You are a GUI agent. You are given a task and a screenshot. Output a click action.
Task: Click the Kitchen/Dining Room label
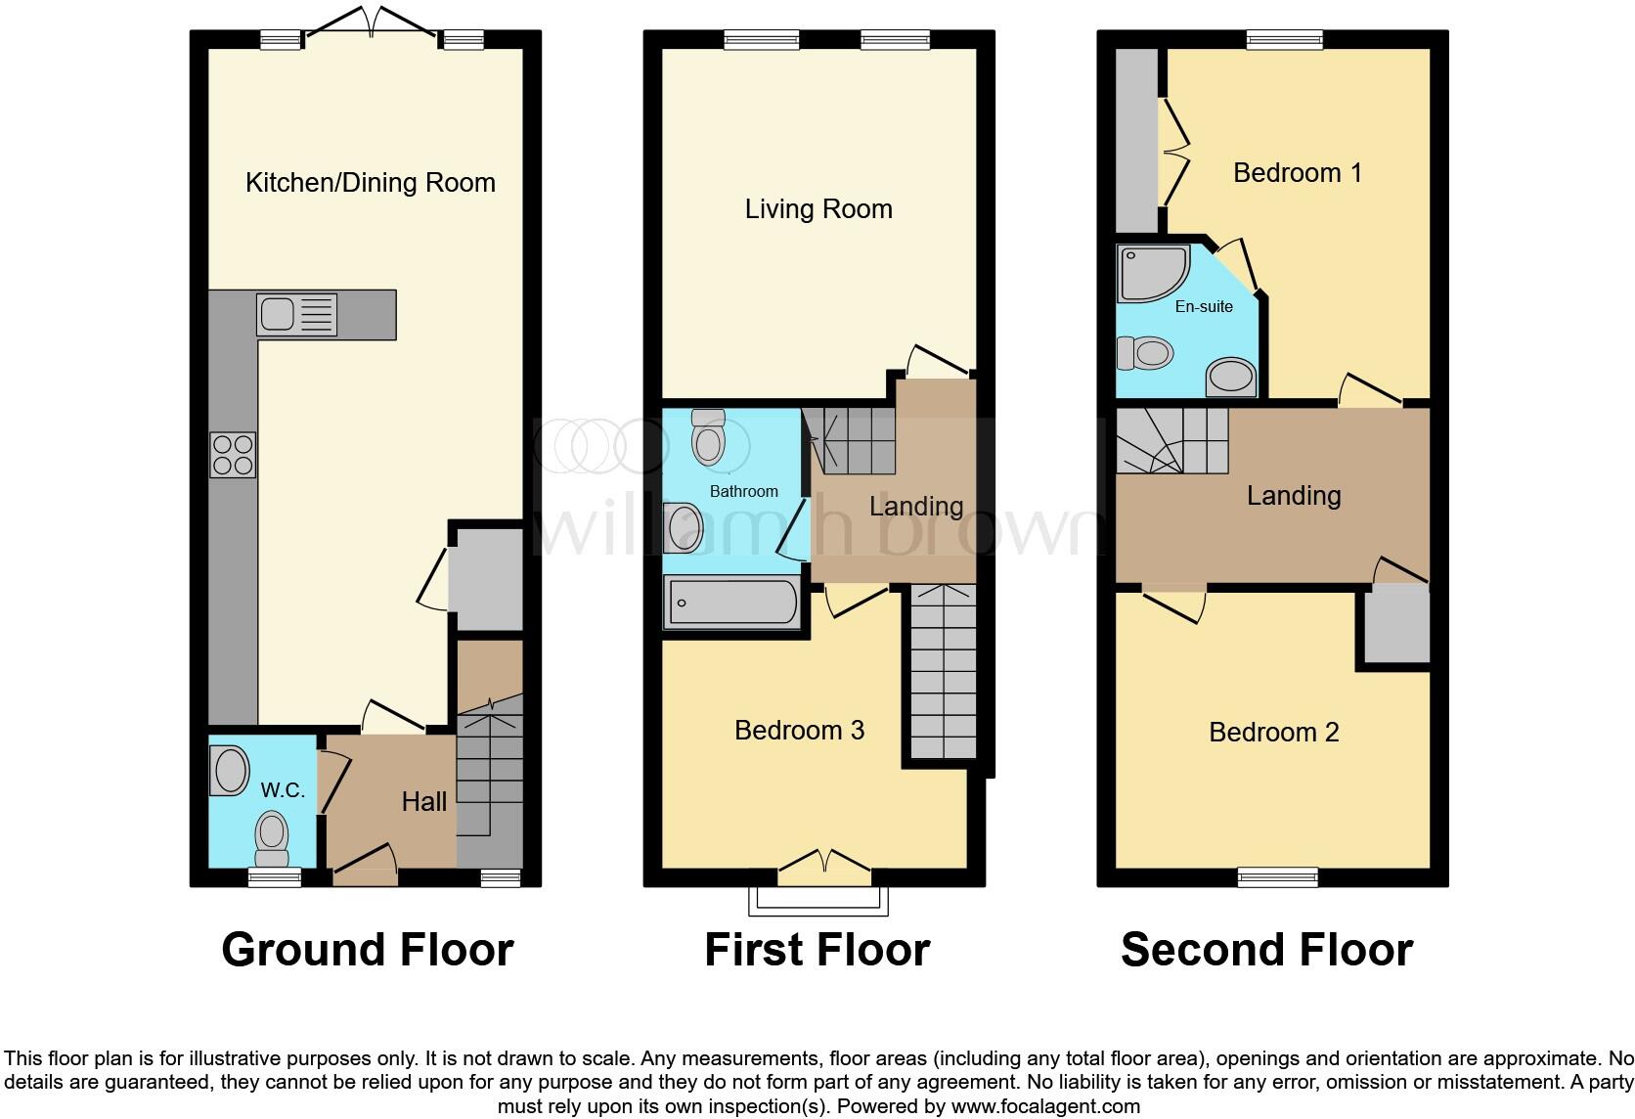coord(370,183)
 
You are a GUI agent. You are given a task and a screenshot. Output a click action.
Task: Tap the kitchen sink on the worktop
coord(277,315)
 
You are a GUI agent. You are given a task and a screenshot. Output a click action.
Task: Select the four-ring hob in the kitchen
coord(233,455)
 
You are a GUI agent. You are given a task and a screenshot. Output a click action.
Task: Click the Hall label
coord(423,802)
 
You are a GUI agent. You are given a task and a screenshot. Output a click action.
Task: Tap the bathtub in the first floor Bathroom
coord(731,602)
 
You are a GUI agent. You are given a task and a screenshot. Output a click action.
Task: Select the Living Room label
coord(818,209)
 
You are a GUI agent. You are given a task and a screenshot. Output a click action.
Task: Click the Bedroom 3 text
coord(799,731)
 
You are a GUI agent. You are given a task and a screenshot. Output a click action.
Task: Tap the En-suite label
coord(1203,307)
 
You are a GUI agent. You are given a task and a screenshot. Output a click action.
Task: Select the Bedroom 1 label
coord(1297,173)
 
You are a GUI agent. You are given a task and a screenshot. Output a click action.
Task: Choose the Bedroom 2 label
coord(1273,733)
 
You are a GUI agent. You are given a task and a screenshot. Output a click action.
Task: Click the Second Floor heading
coord(1266,950)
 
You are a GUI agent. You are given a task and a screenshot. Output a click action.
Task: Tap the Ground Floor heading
coord(367,950)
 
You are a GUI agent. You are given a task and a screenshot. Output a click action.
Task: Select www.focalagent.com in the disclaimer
coord(1044,1107)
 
